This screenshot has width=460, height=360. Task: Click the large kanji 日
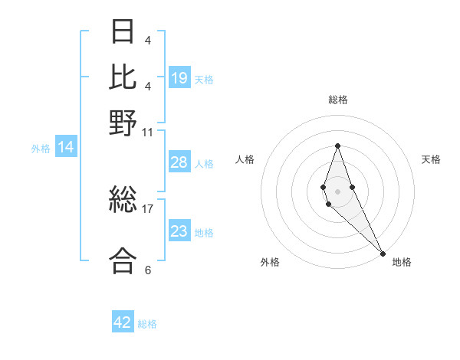(x=123, y=31)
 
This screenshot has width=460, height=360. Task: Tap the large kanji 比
(x=123, y=77)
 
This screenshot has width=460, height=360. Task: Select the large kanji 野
(x=123, y=122)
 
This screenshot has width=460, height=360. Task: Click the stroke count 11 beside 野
(x=147, y=133)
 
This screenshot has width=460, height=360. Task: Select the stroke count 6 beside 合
(x=147, y=270)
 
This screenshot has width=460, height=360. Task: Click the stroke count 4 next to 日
(x=147, y=41)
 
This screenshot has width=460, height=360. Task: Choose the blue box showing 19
(x=179, y=77)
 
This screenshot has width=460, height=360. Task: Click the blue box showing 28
(x=179, y=162)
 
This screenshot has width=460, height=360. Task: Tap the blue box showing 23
(x=179, y=231)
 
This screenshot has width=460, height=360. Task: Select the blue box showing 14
(x=66, y=148)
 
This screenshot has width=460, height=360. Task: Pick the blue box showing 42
(x=123, y=322)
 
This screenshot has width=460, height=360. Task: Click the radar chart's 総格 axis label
(x=338, y=100)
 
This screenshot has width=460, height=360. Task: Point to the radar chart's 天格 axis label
(x=431, y=159)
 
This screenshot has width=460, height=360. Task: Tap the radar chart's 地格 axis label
(x=402, y=262)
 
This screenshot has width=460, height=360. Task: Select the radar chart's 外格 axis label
(x=270, y=262)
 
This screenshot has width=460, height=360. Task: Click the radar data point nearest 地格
(x=382, y=253)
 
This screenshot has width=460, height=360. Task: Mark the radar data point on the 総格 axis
(x=337, y=146)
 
